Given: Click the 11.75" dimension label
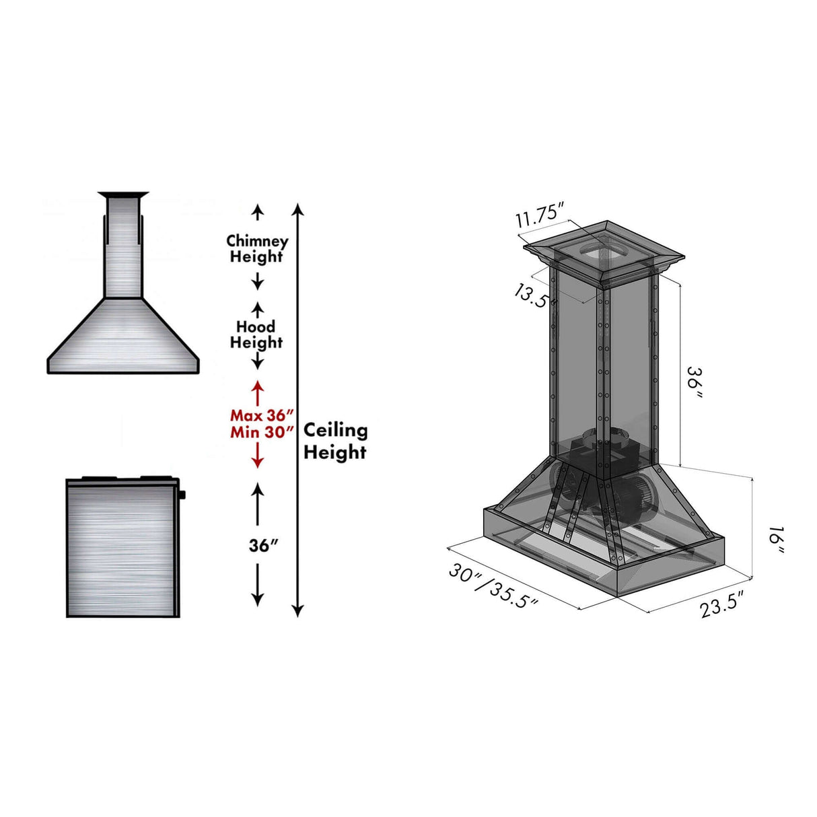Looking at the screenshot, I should (x=539, y=217).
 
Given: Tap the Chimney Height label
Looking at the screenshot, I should (x=257, y=248).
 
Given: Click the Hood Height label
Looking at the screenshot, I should (x=256, y=334).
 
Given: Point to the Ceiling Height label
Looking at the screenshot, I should (x=335, y=441).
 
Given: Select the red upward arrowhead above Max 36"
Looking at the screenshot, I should (x=257, y=387).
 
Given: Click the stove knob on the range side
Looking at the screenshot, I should (x=183, y=495).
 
